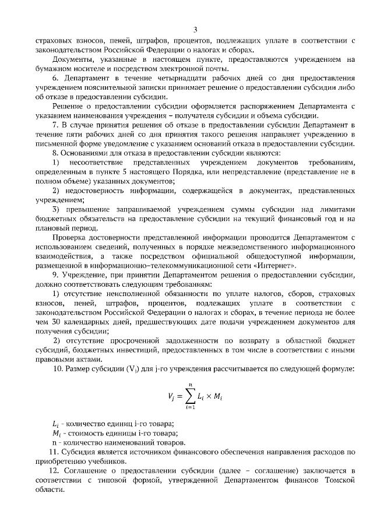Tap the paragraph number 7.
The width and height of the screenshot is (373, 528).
click(55, 125)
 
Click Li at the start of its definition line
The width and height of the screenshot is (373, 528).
click(55, 423)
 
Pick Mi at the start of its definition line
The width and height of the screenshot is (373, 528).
click(56, 432)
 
